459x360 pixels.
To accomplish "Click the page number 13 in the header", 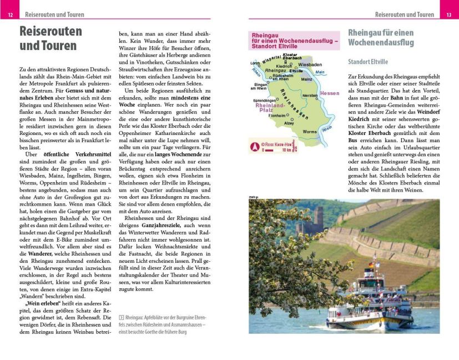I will [x=448, y=14].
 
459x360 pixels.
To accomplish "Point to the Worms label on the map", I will [x=310, y=132].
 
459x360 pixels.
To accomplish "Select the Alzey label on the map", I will [x=289, y=123].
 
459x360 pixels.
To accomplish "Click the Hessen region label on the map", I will [x=329, y=93].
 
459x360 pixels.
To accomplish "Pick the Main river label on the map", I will [x=319, y=72].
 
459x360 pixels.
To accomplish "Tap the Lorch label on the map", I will [x=255, y=63].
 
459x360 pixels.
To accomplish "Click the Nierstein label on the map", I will [x=310, y=96].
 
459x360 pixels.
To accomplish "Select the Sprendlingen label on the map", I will [x=264, y=100].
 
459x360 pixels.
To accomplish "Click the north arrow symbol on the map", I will [x=255, y=147].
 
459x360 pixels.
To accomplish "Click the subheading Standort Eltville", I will [x=368, y=62].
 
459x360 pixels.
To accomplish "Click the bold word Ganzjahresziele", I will [x=162, y=226].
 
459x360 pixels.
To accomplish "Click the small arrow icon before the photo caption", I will [x=121, y=317].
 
